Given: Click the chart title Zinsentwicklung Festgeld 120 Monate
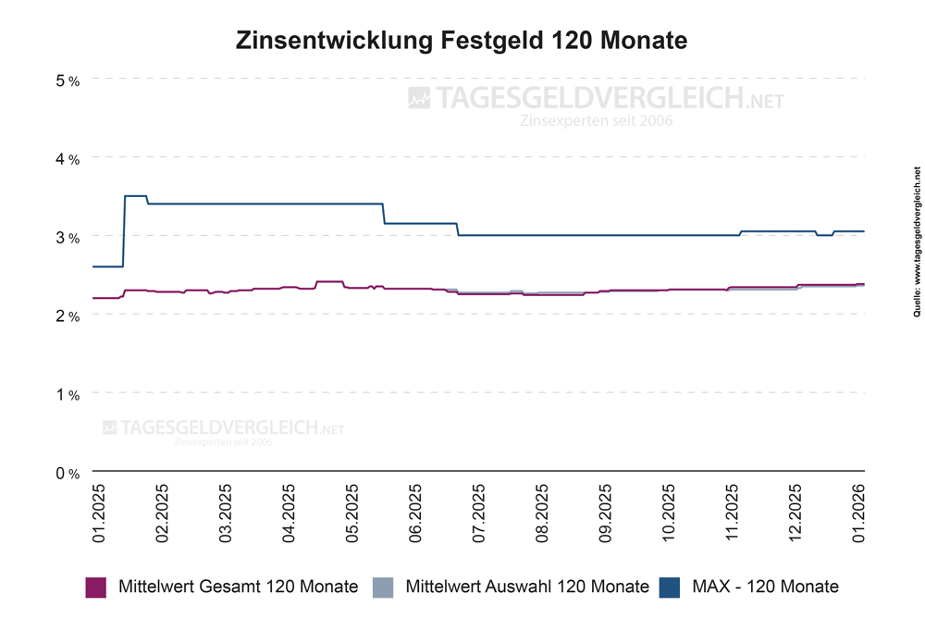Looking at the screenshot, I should pos(462,42).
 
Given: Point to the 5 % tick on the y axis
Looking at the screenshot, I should pos(68,80).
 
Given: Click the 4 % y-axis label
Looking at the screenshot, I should pos(68,159).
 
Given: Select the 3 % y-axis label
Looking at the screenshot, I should pos(68,238).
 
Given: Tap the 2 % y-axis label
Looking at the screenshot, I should pos(68,316).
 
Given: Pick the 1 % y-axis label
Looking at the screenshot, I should pos(68,395).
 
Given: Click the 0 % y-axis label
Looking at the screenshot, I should pos(68,474).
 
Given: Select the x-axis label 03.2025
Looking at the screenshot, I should pos(226,512).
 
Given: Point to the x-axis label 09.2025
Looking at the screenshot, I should pos(605,512).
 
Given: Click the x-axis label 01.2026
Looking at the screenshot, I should pos(858,512).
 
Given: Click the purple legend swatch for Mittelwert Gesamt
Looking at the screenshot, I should pos(97,587).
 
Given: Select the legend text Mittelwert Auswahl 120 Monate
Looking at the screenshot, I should pos(527,587).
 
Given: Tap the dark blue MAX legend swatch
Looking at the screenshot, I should pos(669,587).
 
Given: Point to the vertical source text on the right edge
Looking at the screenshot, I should pos(917,255).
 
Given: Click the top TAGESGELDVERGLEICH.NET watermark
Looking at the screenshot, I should pos(596,98).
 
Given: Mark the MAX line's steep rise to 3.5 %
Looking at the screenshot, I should pos(124,231).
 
